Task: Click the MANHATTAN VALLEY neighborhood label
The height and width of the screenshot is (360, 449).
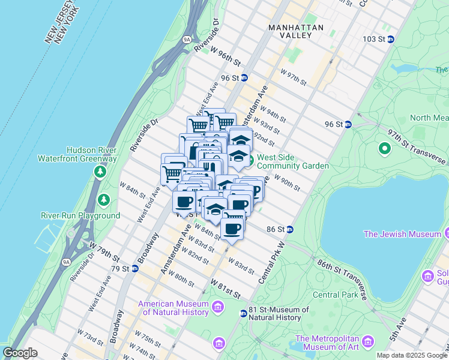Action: [296, 31]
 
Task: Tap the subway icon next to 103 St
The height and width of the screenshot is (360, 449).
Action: [390, 39]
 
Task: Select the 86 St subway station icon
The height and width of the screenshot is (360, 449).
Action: [289, 229]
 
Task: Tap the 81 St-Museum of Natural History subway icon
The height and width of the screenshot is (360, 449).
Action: [243, 313]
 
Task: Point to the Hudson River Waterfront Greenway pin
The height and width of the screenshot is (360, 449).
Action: [99, 172]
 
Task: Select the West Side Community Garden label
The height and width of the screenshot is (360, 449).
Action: [292, 161]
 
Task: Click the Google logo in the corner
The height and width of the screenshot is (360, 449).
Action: [20, 353]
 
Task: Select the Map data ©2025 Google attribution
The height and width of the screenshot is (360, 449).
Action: [412, 355]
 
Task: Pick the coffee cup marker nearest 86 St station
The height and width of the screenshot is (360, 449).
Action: [232, 228]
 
